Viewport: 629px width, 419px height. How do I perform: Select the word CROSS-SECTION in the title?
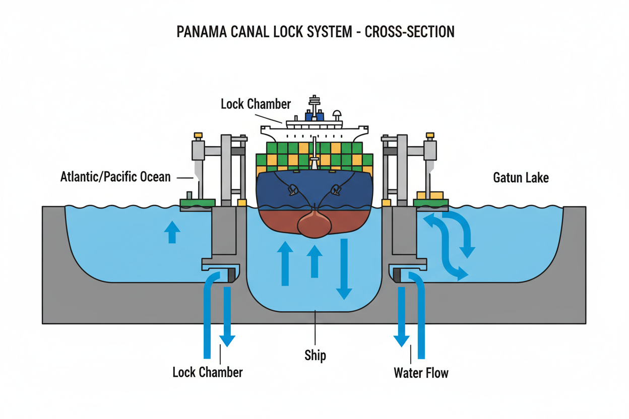coord(409,32)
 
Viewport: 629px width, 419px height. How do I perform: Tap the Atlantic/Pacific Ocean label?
coord(115,177)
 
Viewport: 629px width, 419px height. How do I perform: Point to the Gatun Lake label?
coord(521,177)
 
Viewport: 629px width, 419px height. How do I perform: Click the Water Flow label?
coord(421,373)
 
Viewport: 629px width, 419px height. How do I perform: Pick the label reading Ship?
coord(315,355)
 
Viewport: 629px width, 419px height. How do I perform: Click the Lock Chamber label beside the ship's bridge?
coord(256,104)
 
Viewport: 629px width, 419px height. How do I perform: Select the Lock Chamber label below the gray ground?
coord(207,373)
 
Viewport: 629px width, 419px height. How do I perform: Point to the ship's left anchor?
coord(291,191)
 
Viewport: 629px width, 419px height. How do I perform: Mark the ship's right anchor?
coord(335,191)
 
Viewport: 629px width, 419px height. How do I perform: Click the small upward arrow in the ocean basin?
coord(172,233)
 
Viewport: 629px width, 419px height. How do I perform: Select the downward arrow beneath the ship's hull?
coord(345,269)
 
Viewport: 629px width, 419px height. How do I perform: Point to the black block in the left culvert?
coord(231,275)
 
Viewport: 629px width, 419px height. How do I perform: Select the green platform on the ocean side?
coord(198,202)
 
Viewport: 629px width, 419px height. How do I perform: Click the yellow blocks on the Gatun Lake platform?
coord(429,195)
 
